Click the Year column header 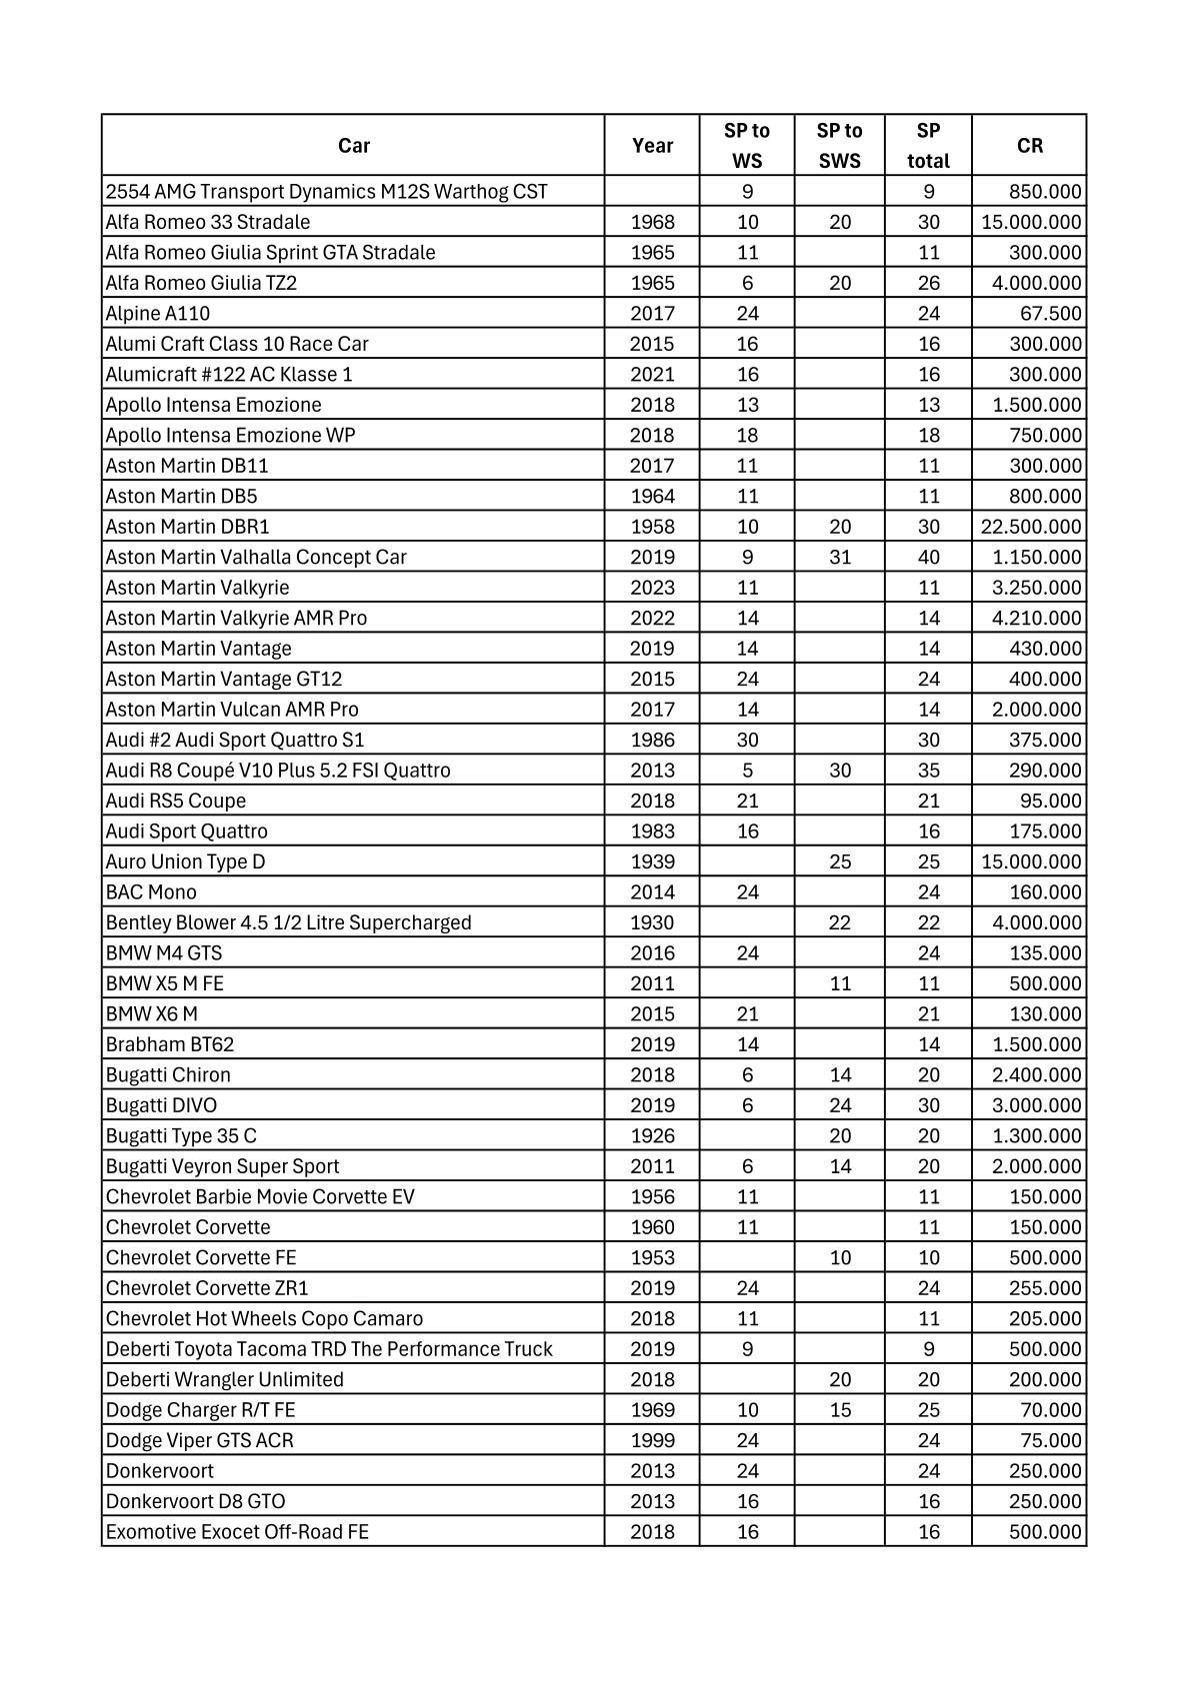[652, 146]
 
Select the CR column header [1029, 146]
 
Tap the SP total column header [928, 146]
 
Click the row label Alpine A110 [158, 314]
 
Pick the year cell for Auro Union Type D [652, 861]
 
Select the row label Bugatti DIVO [161, 1105]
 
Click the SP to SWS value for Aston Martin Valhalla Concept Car [840, 557]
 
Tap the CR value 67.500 [1050, 314]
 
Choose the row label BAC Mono [151, 892]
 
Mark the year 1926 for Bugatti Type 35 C [652, 1136]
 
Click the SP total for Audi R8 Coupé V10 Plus [928, 771]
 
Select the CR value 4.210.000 [1036, 618]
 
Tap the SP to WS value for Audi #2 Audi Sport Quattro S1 [747, 740]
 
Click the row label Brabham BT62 [170, 1044]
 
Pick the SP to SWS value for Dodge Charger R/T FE [840, 1410]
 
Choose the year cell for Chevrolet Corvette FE [652, 1257]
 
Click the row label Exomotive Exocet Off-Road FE [237, 1532]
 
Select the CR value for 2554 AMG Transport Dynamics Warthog [1045, 192]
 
